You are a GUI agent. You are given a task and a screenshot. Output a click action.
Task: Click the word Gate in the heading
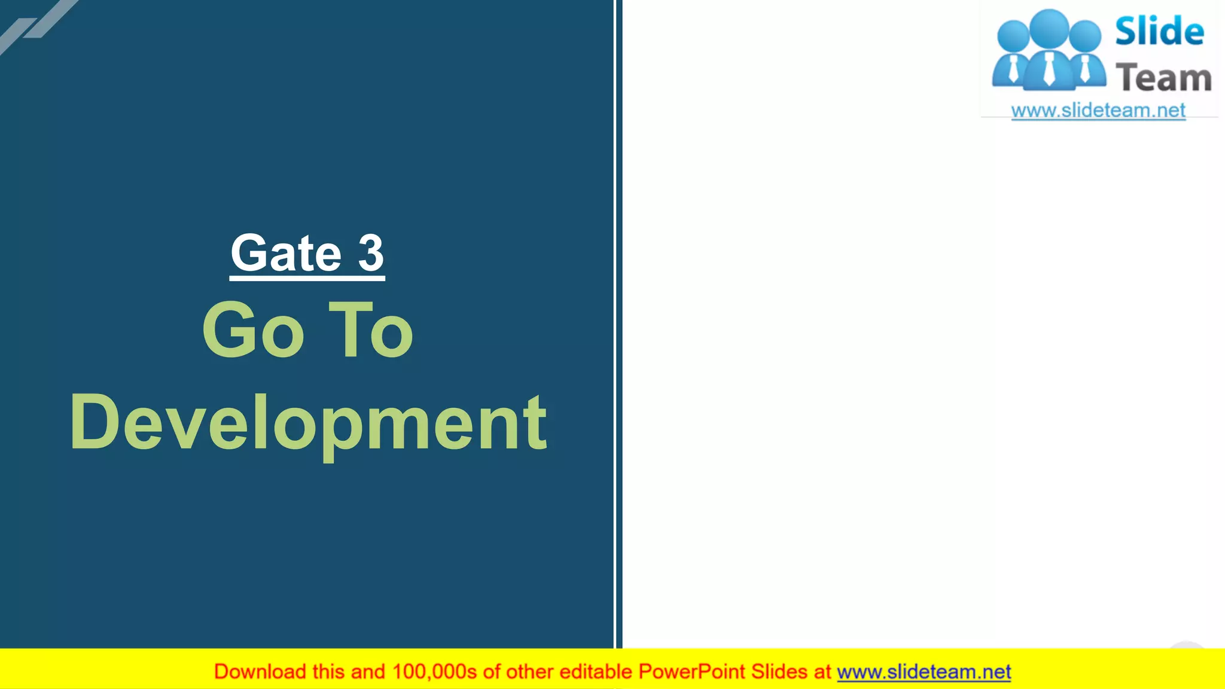coord(286,254)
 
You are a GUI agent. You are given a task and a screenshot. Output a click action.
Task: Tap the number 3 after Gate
coord(371,254)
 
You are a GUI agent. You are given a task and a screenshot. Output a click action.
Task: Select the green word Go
coord(253,331)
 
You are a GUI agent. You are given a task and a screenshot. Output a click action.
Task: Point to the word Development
coord(308,423)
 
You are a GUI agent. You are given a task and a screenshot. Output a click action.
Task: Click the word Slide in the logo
coord(1159,31)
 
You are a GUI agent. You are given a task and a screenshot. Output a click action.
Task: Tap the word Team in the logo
coord(1163,78)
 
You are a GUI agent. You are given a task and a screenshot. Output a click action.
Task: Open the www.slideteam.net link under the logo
coord(1098,111)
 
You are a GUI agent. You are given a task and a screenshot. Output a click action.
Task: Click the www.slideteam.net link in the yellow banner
coord(924,672)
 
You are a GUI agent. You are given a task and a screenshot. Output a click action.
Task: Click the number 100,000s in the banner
coord(434,672)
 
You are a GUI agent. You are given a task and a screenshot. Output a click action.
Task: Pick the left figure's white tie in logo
coord(1013,70)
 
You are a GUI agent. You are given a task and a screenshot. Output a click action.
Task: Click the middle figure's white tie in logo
coord(1049,71)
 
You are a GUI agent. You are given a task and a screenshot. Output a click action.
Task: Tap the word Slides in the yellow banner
coord(779,672)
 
